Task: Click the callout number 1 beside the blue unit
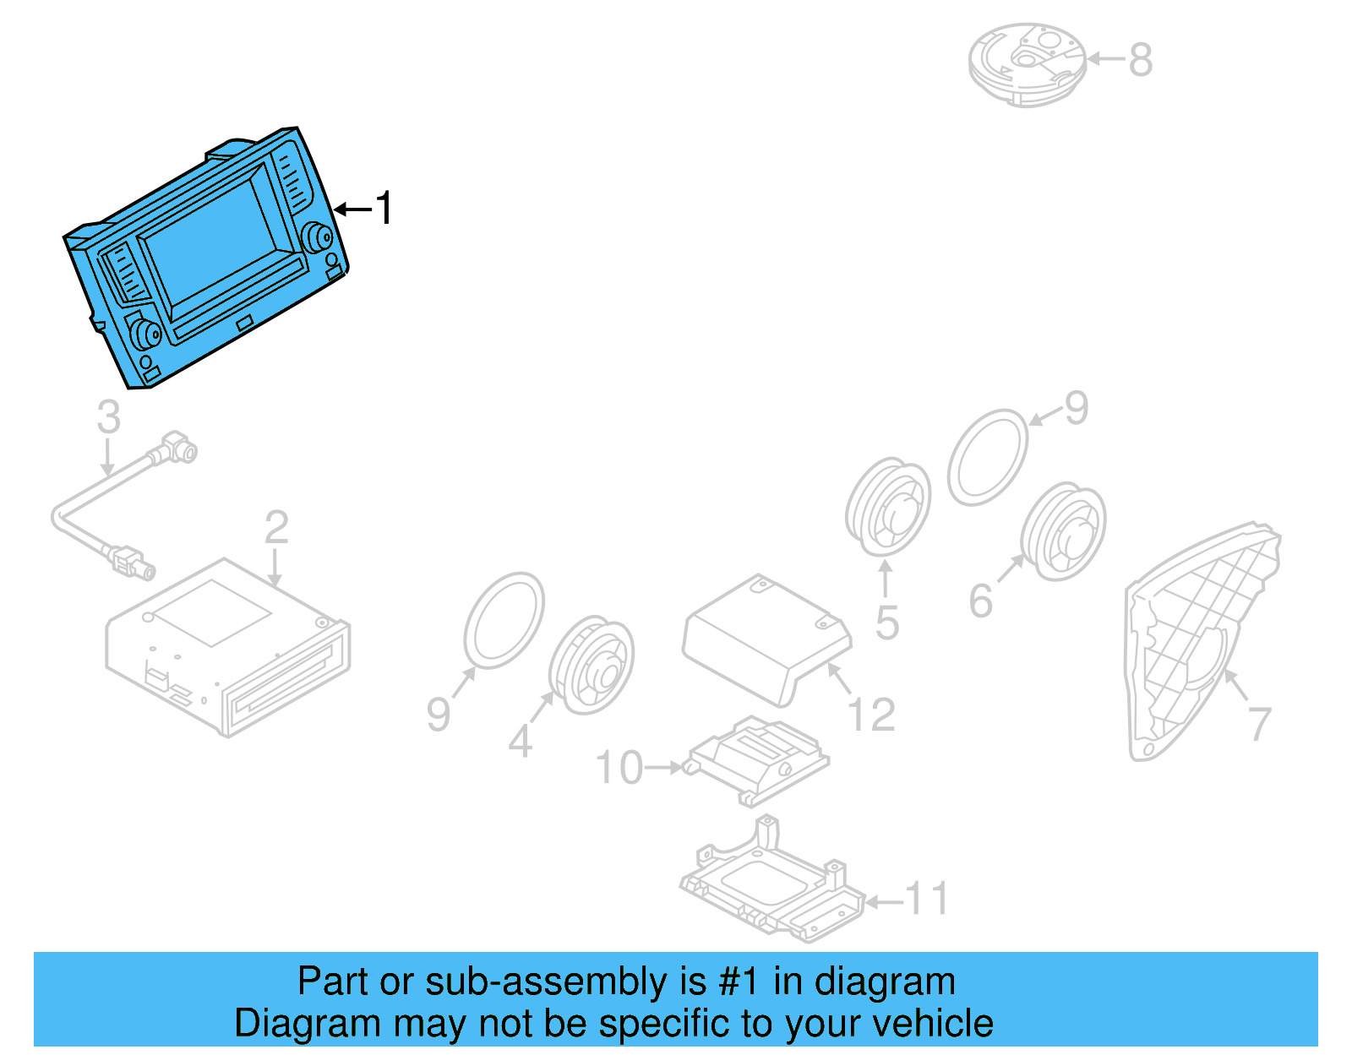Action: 384,208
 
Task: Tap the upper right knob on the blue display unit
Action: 319,237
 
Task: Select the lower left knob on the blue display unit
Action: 144,333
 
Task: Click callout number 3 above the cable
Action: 108,416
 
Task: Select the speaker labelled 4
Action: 591,665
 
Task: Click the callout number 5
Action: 886,623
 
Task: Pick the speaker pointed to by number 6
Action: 1063,531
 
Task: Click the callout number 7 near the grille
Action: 1259,724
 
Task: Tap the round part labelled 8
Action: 1027,63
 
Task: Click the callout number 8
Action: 1141,60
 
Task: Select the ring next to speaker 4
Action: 504,620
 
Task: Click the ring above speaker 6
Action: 987,457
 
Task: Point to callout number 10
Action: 619,768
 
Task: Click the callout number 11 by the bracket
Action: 927,899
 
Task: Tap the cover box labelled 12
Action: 765,637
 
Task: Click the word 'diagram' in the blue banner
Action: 885,982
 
